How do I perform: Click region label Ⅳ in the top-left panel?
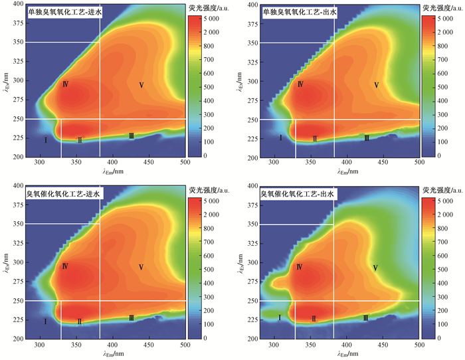pyautogui.click(x=65, y=84)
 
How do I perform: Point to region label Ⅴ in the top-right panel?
pyautogui.click(x=377, y=85)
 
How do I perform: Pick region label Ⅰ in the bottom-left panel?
pyautogui.click(x=45, y=321)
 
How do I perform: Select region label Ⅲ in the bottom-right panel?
pyautogui.click(x=366, y=318)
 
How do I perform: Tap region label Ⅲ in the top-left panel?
pyautogui.click(x=132, y=136)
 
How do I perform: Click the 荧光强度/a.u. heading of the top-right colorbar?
pyautogui.click(x=441, y=5)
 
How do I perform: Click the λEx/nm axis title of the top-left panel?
pyautogui.click(x=6, y=80)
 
